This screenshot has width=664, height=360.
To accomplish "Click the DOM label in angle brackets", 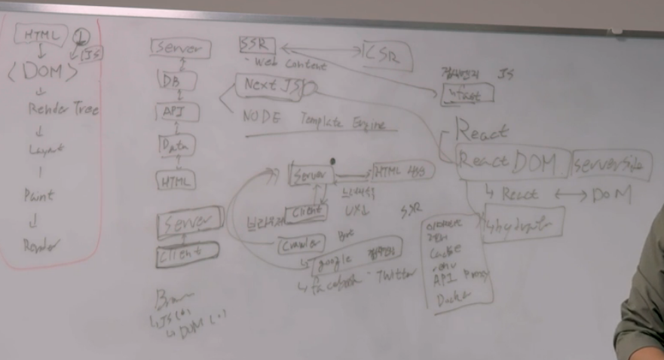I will coord(43,73).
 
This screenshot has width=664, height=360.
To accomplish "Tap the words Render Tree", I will coord(63,110).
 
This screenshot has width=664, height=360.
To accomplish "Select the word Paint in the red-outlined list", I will coord(38,196).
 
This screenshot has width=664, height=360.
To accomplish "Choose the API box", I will coord(176,113).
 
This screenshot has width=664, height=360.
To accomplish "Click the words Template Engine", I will coord(343,123).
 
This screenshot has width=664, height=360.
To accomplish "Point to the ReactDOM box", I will coord(508,162).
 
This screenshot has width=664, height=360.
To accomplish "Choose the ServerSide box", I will coord(609,166).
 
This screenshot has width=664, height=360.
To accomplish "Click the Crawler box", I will coord(301,244).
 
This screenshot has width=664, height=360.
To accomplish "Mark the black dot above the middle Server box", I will coord(332,160).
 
